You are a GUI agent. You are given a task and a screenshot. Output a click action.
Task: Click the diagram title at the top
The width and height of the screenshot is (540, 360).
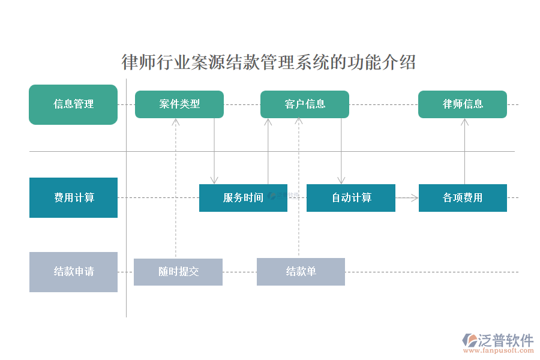point(269,62)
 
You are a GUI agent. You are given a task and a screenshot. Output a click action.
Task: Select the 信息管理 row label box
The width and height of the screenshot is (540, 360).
point(73,104)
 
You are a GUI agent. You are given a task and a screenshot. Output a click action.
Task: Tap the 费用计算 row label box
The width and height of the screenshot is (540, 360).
point(73,197)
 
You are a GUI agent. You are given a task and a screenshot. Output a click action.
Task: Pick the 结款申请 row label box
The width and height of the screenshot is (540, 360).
point(73,272)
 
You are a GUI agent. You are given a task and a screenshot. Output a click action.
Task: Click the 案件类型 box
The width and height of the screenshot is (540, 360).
point(179,104)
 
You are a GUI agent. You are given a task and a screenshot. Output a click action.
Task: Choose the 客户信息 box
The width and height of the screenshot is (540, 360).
point(305,104)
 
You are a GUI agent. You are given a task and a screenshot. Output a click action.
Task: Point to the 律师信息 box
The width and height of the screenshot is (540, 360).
point(463,104)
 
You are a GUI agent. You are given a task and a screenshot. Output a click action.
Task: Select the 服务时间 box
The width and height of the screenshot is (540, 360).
point(243,198)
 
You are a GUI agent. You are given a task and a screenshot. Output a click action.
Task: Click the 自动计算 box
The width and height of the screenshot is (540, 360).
point(351,198)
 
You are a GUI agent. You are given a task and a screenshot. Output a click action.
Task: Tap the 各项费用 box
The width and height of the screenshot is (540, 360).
point(463,198)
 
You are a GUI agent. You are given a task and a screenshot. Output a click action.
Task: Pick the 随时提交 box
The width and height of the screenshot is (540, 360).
point(178,272)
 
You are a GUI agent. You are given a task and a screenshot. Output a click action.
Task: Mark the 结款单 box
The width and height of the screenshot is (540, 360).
point(301,272)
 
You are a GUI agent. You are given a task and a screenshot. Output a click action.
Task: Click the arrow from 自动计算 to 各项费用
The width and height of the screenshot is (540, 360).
point(407,197)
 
